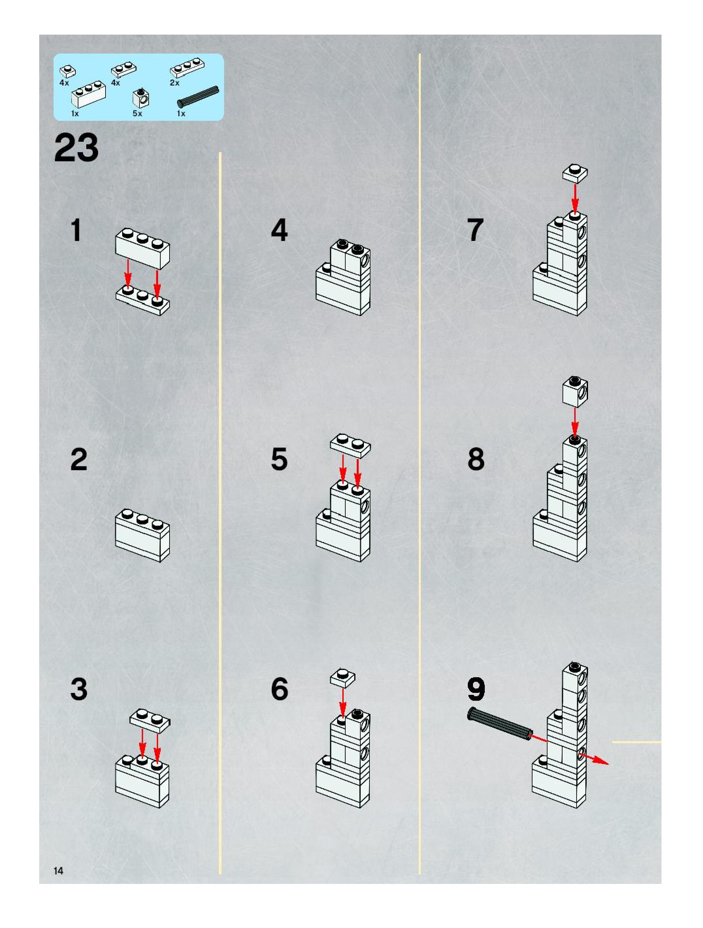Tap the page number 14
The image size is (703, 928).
pyautogui.click(x=58, y=871)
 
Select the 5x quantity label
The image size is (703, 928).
pyautogui.click(x=137, y=114)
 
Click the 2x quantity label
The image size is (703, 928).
pyautogui.click(x=174, y=83)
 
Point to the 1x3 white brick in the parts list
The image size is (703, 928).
pyautogui.click(x=89, y=94)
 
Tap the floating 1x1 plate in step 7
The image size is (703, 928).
pyautogui.click(x=575, y=174)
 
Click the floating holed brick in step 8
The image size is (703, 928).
pyautogui.click(x=575, y=392)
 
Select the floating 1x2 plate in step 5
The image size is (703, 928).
pyautogui.click(x=351, y=445)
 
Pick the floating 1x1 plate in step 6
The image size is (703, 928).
pyautogui.click(x=342, y=678)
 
